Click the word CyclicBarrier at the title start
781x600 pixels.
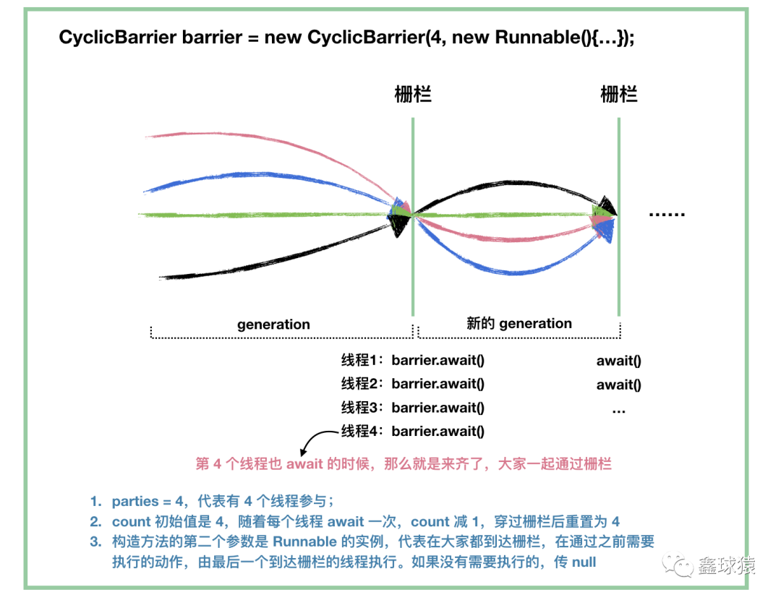point(118,38)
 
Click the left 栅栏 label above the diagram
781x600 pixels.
point(413,94)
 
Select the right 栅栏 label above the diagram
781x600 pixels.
point(618,94)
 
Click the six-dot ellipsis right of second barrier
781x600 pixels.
point(667,214)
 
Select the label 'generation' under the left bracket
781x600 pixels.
point(273,325)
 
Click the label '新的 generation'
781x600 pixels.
point(519,324)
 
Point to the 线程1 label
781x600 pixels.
point(361,360)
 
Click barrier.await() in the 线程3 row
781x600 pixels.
point(438,408)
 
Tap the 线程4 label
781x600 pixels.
point(361,431)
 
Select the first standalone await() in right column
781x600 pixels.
point(618,361)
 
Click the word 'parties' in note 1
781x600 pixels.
point(135,502)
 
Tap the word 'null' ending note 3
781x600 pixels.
point(584,562)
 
